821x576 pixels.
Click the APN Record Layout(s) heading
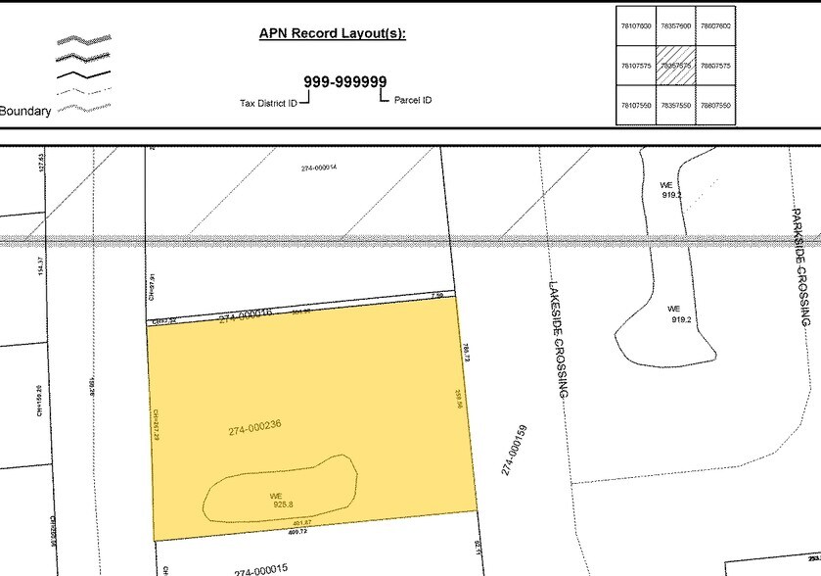tap(332, 33)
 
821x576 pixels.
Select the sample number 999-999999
tap(344, 82)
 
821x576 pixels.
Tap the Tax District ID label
tap(267, 102)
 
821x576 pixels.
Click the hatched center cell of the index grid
tap(674, 66)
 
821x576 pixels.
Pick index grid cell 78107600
tap(635, 26)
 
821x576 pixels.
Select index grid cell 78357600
tap(674, 26)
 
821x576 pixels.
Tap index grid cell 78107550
tap(635, 105)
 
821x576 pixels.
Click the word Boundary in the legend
tap(25, 112)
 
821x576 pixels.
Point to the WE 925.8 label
tap(277, 501)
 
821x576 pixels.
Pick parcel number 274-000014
tap(319, 168)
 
